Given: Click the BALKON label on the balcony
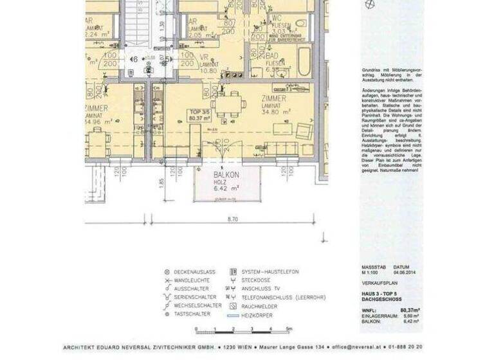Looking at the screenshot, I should pyautogui.click(x=226, y=174).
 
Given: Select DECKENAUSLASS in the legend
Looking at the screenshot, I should pyautogui.click(x=195, y=272).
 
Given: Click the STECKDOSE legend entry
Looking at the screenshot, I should pyautogui.click(x=255, y=280).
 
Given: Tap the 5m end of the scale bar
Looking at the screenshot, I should pyautogui.click(x=289, y=329).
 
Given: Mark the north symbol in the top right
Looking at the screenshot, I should pyautogui.click(x=369, y=4).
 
